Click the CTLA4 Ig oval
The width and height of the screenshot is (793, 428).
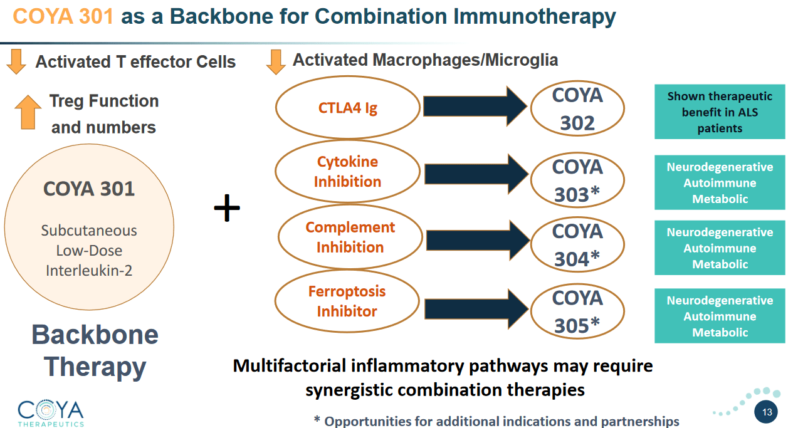coord(348,108)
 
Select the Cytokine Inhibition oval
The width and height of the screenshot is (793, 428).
coord(348,172)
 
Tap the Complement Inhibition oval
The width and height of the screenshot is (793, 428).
coord(350,237)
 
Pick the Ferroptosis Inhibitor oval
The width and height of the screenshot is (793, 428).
coord(347,301)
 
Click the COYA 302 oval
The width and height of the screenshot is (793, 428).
coord(577,109)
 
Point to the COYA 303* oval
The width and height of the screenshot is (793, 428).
coord(577,180)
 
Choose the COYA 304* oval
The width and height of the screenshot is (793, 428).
coord(577,245)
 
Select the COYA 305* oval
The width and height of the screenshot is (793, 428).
coord(577,311)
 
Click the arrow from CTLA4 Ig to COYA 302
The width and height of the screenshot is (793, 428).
coord(475,107)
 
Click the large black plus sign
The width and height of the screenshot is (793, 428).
coord(227,208)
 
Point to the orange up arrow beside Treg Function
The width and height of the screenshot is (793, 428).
coord(28,112)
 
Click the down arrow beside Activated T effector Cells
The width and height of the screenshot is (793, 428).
coord(16,61)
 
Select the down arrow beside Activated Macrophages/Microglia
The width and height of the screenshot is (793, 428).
coord(276,61)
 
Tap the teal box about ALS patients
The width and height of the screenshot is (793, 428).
coord(720,112)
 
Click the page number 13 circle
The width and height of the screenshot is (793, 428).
coord(767,412)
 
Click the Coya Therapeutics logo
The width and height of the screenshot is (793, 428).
coord(50,412)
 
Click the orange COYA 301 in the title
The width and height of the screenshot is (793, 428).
coord(63,16)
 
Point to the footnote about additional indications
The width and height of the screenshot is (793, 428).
coord(496,421)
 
